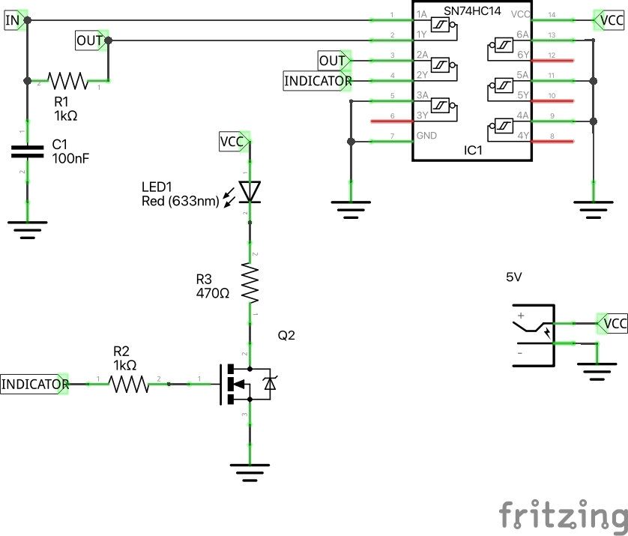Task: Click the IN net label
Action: click(x=13, y=20)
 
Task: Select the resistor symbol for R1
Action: click(x=68, y=79)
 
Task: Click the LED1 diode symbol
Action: click(x=250, y=192)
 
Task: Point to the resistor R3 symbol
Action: click(x=250, y=281)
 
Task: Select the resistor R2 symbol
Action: click(x=130, y=384)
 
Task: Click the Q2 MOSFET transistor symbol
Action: click(x=247, y=384)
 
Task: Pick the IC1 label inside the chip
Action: click(x=473, y=151)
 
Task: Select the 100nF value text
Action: click(x=70, y=158)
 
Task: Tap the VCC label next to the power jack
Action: click(x=615, y=324)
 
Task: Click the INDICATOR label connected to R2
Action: click(x=34, y=384)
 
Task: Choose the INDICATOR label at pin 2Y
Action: click(x=316, y=80)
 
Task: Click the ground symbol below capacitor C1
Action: click(x=28, y=227)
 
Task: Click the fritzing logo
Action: click(x=563, y=517)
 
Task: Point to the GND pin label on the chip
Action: click(x=426, y=136)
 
